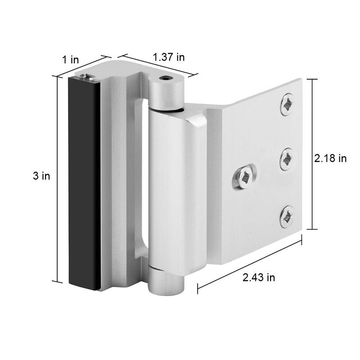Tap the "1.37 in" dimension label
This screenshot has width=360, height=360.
169,57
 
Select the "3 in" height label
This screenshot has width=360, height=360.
41,176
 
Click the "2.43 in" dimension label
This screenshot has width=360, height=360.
258,278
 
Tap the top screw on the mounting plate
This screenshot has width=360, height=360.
287,104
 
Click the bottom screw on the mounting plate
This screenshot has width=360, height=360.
287,217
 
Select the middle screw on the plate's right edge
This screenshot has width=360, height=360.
287,159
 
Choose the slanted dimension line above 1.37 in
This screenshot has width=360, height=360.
158,66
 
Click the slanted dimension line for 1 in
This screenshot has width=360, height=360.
81,66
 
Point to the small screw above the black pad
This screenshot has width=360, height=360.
84,76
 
